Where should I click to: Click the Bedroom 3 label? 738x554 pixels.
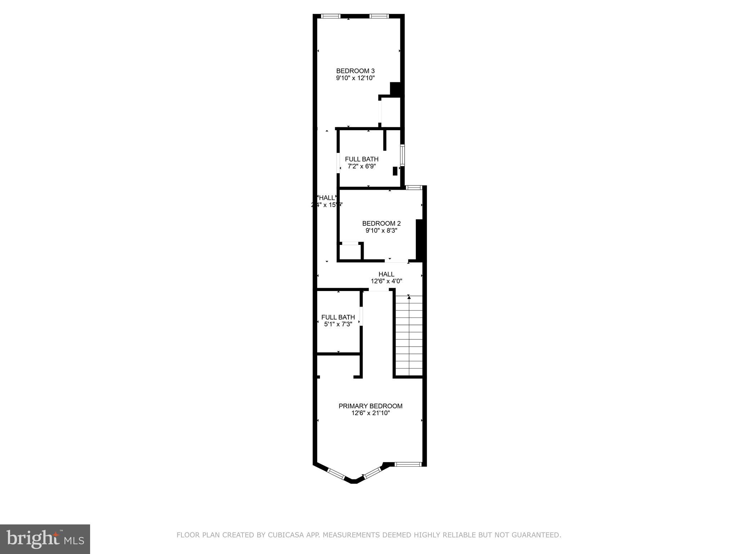(355, 71)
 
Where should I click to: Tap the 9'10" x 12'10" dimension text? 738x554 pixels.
(355, 78)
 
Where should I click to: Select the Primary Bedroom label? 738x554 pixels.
(370, 406)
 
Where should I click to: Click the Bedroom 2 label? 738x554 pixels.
(381, 224)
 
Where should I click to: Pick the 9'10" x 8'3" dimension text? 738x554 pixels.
(381, 231)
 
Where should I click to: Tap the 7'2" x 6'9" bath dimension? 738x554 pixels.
(361, 167)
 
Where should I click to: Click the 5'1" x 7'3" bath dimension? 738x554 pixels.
(338, 324)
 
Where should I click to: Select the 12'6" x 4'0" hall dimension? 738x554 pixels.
(386, 281)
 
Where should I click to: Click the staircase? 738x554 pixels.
(409, 335)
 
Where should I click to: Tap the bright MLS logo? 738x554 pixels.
(45, 539)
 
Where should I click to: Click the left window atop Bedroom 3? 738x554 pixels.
(331, 16)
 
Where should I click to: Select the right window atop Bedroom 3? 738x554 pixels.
(379, 16)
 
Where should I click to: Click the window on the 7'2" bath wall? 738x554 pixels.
(403, 155)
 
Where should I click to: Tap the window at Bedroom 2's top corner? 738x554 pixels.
(414, 188)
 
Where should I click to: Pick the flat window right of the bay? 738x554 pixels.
(408, 464)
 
